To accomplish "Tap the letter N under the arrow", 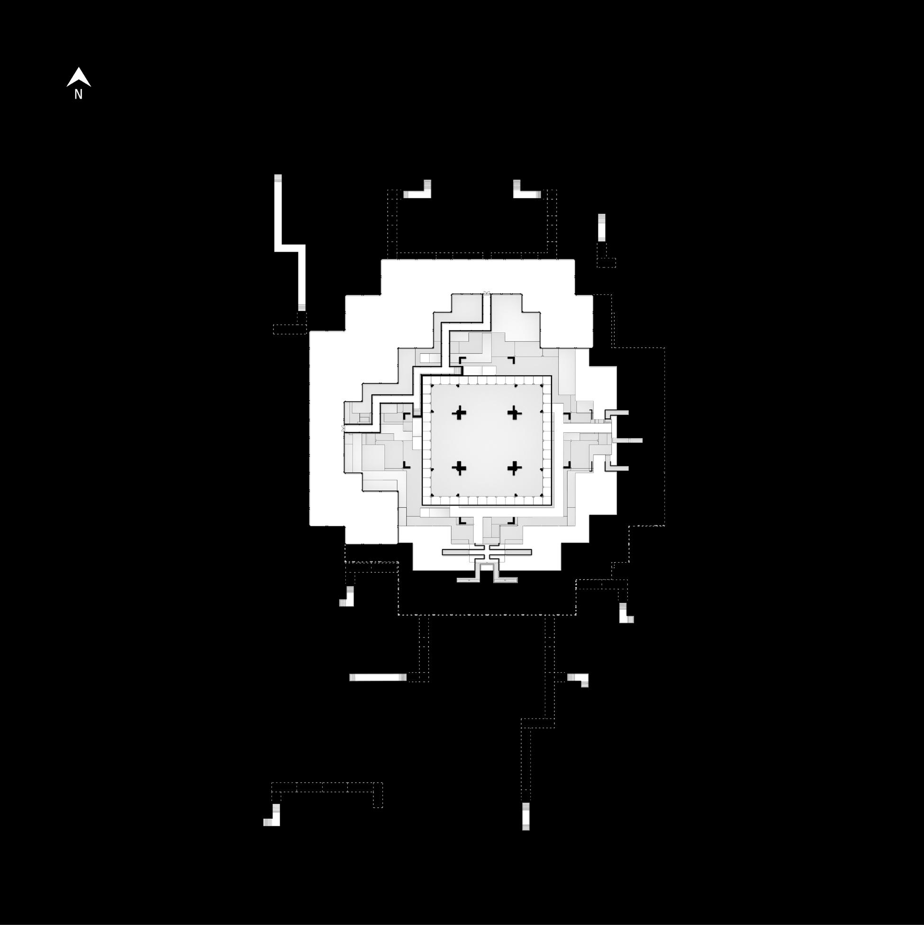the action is click(x=79, y=95).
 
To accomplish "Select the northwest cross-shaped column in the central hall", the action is click(x=459, y=412).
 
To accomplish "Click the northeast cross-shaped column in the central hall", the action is click(x=515, y=412).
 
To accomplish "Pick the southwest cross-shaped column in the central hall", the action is click(x=459, y=468).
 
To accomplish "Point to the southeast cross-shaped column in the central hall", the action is click(x=515, y=468).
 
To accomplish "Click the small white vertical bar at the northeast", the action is click(x=601, y=228).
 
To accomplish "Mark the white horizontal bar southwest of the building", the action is click(x=378, y=678).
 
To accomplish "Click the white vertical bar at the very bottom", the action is click(x=526, y=816).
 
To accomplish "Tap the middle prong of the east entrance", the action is click(x=627, y=440).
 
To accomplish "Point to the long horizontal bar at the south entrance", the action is click(x=487, y=552).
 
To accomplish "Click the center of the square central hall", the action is click(x=487, y=440).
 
